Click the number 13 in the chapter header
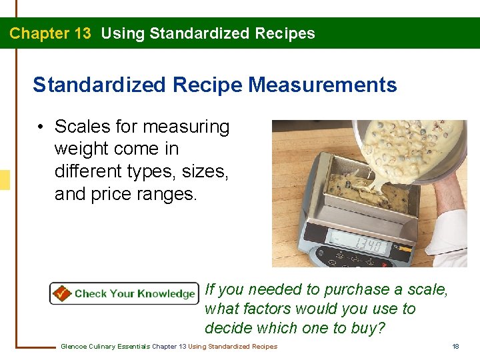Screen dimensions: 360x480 coord(79,33)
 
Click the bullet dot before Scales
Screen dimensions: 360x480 coord(41,127)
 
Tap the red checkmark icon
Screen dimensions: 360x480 coord(62,293)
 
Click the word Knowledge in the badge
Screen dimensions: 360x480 coord(165,293)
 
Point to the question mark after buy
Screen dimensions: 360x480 coord(382,328)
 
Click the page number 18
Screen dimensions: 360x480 coord(455,346)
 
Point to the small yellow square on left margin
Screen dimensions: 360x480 coord(5,180)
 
